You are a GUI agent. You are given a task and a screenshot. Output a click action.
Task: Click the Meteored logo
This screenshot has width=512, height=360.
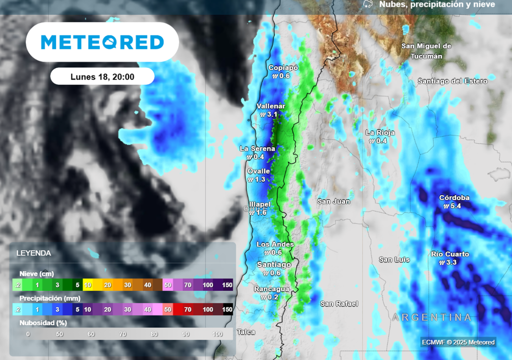coord(102,42)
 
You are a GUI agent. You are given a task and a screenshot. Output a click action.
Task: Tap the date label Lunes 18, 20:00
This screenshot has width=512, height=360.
coord(102,76)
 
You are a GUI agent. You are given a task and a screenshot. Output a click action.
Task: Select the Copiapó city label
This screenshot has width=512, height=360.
coord(283,68)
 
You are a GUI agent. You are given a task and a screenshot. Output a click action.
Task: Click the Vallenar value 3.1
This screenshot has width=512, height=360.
coord(272,114)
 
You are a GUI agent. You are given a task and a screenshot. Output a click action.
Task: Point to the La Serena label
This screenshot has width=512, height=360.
coord(257,148)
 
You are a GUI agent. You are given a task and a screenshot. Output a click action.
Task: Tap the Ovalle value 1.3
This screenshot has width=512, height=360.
coord(260,179)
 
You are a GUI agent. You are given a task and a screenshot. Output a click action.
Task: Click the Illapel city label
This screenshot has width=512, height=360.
coord(260,204)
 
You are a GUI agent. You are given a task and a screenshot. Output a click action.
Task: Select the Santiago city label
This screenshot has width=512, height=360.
coord(274,264)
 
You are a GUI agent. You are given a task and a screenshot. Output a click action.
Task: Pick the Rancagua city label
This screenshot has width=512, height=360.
coord(271,289)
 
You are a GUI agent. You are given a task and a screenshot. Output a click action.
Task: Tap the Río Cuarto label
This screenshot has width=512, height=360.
coord(450,254)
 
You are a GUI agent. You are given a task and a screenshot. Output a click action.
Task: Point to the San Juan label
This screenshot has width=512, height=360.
coord(334,201)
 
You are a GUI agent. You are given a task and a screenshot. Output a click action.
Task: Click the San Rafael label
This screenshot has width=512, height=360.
coord(339,303)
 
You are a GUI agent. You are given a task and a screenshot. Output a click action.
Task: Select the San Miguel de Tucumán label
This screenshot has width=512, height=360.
coord(426,51)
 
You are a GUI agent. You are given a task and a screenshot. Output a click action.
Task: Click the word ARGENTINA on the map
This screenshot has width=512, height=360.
coord(431,317)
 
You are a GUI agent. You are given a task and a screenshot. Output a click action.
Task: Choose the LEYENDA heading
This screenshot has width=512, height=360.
coord(33,253)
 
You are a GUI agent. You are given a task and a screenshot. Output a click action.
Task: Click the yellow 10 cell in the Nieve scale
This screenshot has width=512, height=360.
coord(87,285)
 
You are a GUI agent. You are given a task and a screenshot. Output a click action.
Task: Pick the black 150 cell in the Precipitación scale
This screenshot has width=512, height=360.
coord(228,309)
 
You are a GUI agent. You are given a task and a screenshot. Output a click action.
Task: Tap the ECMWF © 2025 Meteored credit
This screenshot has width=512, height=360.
coord(458,342)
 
